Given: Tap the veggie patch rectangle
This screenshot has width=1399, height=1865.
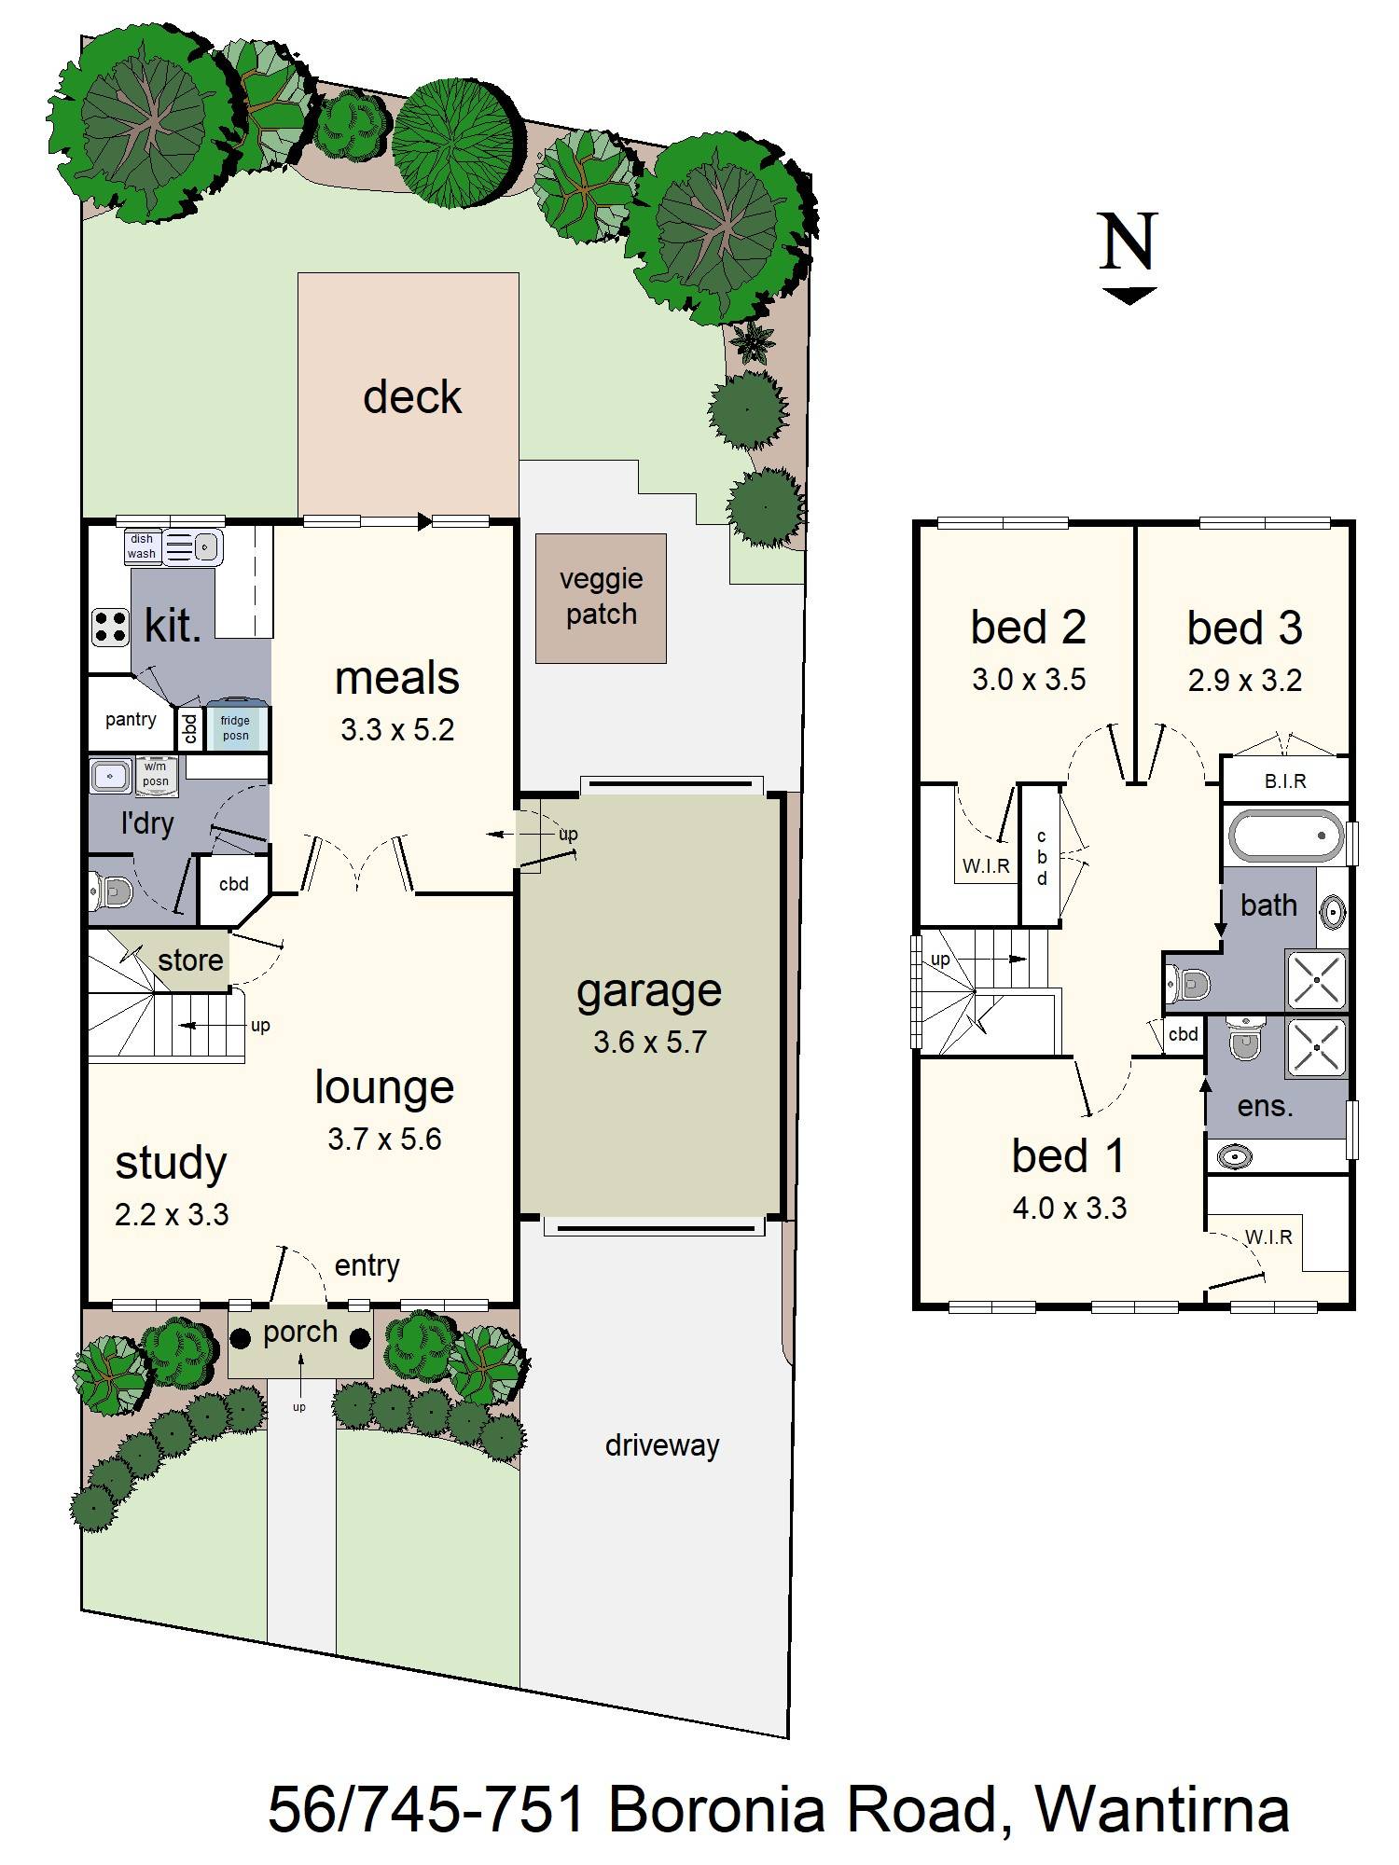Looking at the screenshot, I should [x=601, y=598].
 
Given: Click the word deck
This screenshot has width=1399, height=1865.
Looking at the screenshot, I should [x=411, y=397].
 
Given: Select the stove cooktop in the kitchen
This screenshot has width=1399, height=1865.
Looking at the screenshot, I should [x=110, y=627].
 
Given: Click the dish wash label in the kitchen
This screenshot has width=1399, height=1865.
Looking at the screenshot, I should [x=142, y=546].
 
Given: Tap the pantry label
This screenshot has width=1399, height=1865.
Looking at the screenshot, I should [x=131, y=719].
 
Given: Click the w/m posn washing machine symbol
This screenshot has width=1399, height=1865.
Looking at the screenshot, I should [x=156, y=776].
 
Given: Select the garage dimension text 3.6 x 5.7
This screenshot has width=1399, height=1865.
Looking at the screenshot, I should [x=650, y=1042].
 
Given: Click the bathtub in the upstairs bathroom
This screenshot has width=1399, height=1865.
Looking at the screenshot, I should [x=1286, y=836].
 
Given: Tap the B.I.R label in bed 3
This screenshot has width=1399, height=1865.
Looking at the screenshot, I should [x=1285, y=781].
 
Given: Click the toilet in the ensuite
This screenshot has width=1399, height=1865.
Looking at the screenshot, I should [x=1244, y=1039].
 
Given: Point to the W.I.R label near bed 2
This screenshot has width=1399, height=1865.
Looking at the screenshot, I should [x=986, y=865].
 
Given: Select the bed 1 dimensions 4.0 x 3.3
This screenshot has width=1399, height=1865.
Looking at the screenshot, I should [x=1070, y=1209].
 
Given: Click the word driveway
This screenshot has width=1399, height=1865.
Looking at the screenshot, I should [x=662, y=1445].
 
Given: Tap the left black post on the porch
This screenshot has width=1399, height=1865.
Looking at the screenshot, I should [x=241, y=1338].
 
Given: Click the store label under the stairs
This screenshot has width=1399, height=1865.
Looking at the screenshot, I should [x=190, y=960].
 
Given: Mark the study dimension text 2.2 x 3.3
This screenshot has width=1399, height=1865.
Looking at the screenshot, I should [x=172, y=1214].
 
